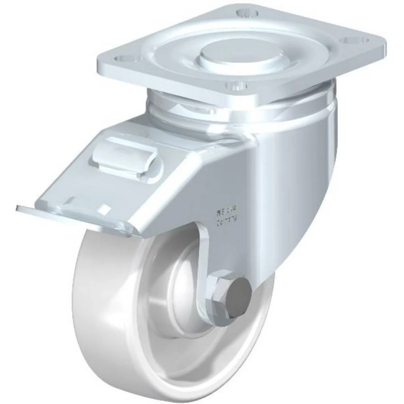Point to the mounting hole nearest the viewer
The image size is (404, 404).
coord(234,86)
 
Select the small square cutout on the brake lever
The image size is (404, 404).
coord(104,208)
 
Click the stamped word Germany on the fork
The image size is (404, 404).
coord(227,221)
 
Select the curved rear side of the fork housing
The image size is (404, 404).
coord(307,182)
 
